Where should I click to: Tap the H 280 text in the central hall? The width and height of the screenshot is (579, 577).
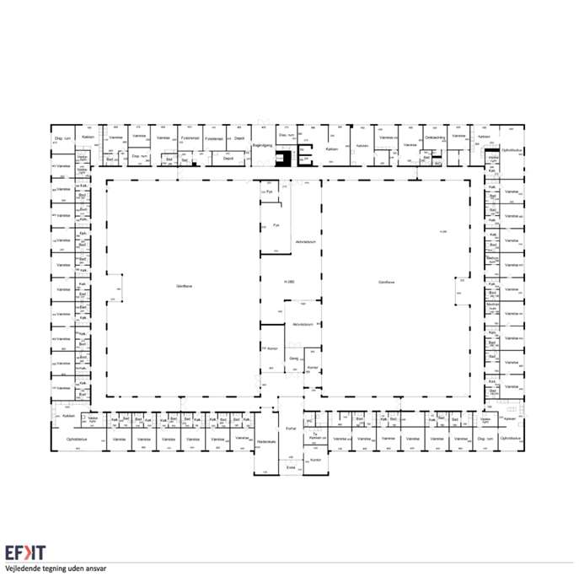tap(288, 281)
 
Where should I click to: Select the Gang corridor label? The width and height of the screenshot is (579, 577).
tap(294, 359)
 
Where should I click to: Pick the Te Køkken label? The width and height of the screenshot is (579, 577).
tap(315, 437)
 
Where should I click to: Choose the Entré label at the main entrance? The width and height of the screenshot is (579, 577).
tap(290, 466)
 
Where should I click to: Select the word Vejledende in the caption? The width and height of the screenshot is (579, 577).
tap(23, 569)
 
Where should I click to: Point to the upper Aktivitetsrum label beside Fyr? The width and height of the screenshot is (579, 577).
tap(304, 242)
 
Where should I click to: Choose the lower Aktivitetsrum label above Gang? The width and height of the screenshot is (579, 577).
tap(303, 324)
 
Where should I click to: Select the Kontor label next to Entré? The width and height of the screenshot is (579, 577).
tap(316, 460)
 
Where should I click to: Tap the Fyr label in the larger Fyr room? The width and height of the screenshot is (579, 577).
tap(276, 225)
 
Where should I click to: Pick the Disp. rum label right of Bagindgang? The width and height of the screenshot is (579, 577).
tap(287, 135)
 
